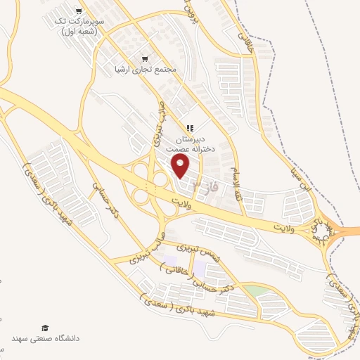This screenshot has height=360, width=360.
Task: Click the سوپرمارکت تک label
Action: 79,22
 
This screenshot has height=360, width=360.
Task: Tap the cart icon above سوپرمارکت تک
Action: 79,11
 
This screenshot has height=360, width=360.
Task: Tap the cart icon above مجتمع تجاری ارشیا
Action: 145,59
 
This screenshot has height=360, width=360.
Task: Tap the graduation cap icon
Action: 45,328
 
